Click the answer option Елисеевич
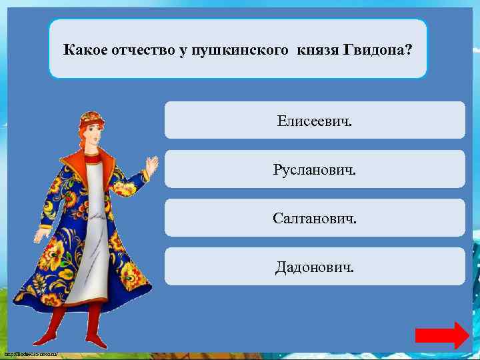(x=315, y=121)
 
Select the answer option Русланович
(x=315, y=169)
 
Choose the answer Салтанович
(x=315, y=218)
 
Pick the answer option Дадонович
(x=315, y=267)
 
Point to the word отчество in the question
(x=142, y=50)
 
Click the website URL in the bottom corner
(x=31, y=353)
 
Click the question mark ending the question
(x=408, y=50)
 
